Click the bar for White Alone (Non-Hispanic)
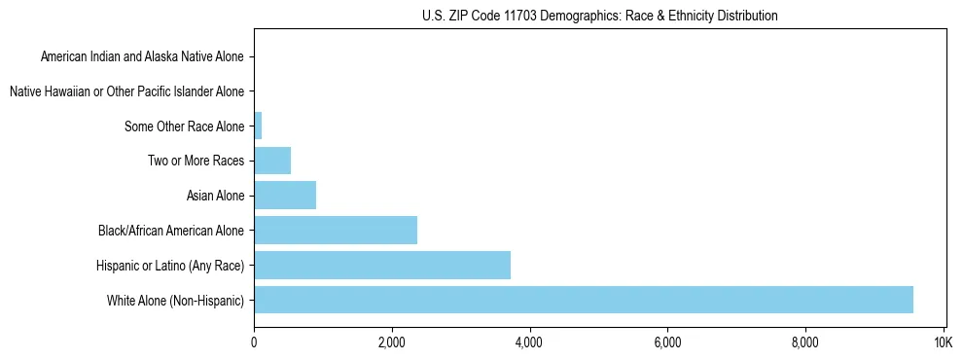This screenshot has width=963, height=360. [584, 300]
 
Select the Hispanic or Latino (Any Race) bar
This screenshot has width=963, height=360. [382, 265]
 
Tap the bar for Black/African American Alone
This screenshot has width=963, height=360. [336, 231]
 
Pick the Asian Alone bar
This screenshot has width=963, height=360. [285, 196]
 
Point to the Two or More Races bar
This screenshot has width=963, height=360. [272, 161]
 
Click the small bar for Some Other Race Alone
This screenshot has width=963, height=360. [258, 126]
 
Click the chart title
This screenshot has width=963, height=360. [599, 17]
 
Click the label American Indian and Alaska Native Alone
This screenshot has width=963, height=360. [142, 56]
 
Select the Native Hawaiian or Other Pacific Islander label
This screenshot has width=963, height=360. [126, 91]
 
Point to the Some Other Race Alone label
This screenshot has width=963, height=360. [184, 126]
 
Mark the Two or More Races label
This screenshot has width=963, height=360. [196, 161]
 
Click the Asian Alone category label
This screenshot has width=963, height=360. [215, 196]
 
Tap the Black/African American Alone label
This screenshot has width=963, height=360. [171, 231]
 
